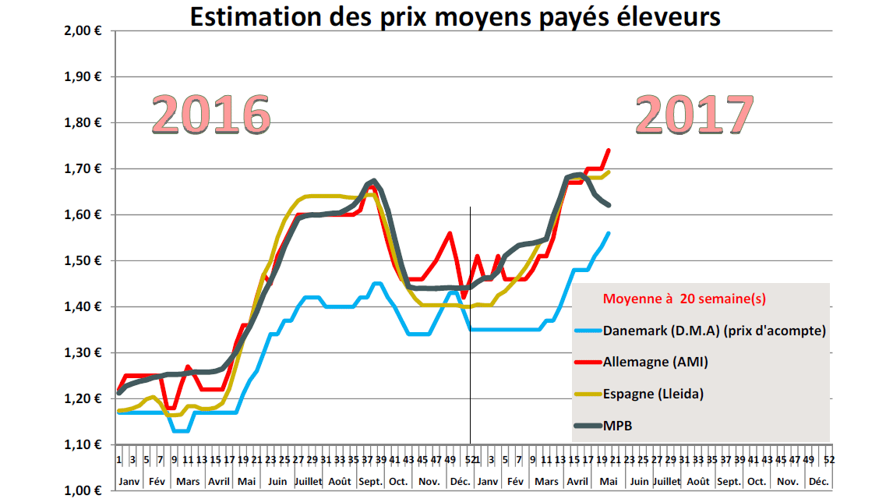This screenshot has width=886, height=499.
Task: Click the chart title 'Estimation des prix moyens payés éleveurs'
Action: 455,16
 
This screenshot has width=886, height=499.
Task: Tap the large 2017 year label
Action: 694,115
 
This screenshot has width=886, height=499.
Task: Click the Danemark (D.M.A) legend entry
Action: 714,330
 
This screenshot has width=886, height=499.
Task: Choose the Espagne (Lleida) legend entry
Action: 653,394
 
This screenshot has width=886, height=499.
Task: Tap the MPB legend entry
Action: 619,426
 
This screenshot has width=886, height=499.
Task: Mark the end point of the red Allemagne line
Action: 609,150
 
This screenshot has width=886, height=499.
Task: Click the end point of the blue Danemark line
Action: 609,233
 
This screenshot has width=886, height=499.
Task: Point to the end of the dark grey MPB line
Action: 609,205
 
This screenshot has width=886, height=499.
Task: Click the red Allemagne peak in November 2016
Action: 450,233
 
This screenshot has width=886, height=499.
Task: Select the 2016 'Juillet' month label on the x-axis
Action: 308,481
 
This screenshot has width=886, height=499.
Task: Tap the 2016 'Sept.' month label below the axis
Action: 369,481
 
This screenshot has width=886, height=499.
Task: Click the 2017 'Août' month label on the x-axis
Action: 698,481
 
